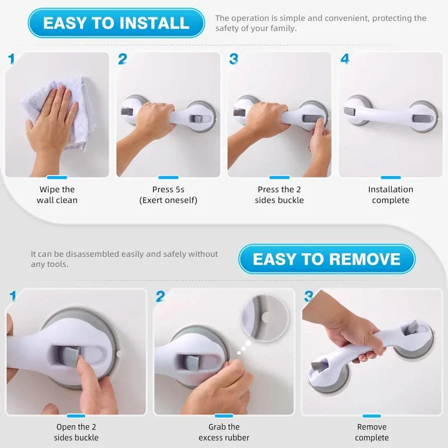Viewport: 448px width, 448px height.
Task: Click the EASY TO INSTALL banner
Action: click(116, 23)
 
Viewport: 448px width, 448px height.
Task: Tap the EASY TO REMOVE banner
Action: click(326, 259)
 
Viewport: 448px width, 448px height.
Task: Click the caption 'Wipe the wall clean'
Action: click(57, 195)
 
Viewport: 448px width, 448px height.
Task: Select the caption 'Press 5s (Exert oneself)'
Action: click(168, 195)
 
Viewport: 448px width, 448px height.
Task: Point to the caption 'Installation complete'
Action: click(391, 195)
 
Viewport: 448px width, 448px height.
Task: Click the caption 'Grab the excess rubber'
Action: click(224, 432)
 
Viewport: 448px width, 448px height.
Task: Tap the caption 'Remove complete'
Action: click(372, 432)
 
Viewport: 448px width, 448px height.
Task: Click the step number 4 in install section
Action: click(345, 59)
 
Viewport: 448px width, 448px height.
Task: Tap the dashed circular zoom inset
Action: click(263, 316)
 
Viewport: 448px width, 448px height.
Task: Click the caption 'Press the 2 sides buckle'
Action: click(280, 195)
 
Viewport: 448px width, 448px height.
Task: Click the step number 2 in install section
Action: click(122, 59)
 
